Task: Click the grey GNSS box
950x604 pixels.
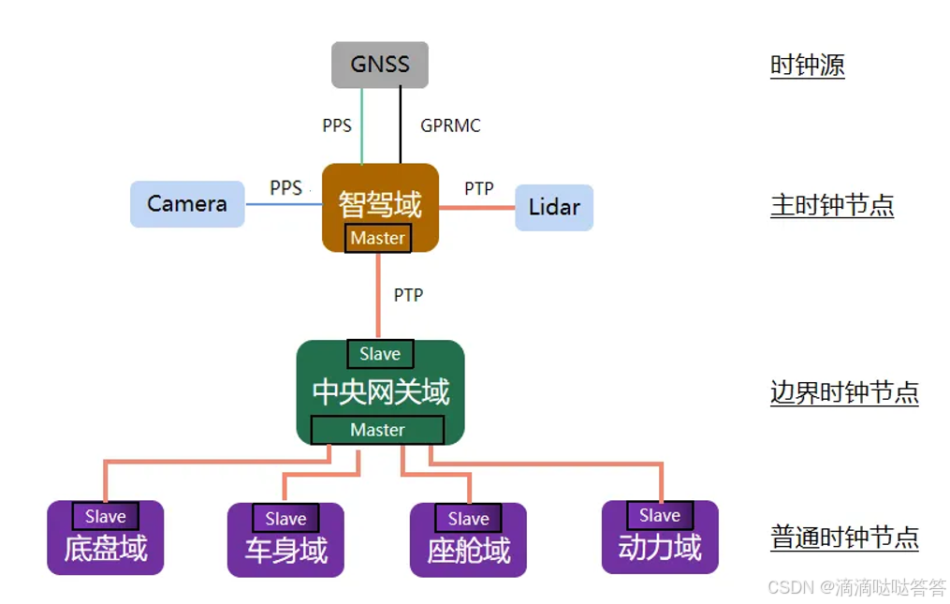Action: point(380,65)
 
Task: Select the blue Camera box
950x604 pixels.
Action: point(187,204)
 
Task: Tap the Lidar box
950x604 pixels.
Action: point(554,207)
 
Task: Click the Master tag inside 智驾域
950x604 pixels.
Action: point(378,238)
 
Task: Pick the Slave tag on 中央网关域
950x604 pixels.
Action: point(380,354)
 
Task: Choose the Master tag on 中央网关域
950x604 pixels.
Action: point(377,430)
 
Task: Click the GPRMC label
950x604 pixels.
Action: point(450,125)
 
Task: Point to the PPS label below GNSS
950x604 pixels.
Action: point(337,125)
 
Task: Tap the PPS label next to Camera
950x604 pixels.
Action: point(285,187)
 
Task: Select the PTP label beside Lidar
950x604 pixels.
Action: point(479,188)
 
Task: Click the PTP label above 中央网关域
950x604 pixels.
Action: point(408,295)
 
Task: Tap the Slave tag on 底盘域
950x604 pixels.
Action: point(106,516)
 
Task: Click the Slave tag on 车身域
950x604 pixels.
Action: point(285,519)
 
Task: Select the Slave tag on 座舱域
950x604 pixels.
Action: point(468,519)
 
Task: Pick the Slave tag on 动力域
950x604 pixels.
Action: point(660,515)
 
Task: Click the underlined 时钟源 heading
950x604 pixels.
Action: point(807,66)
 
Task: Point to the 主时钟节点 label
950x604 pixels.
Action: point(831,205)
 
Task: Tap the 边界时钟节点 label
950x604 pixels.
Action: point(844,392)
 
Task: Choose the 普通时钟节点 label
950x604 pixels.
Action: point(844,538)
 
